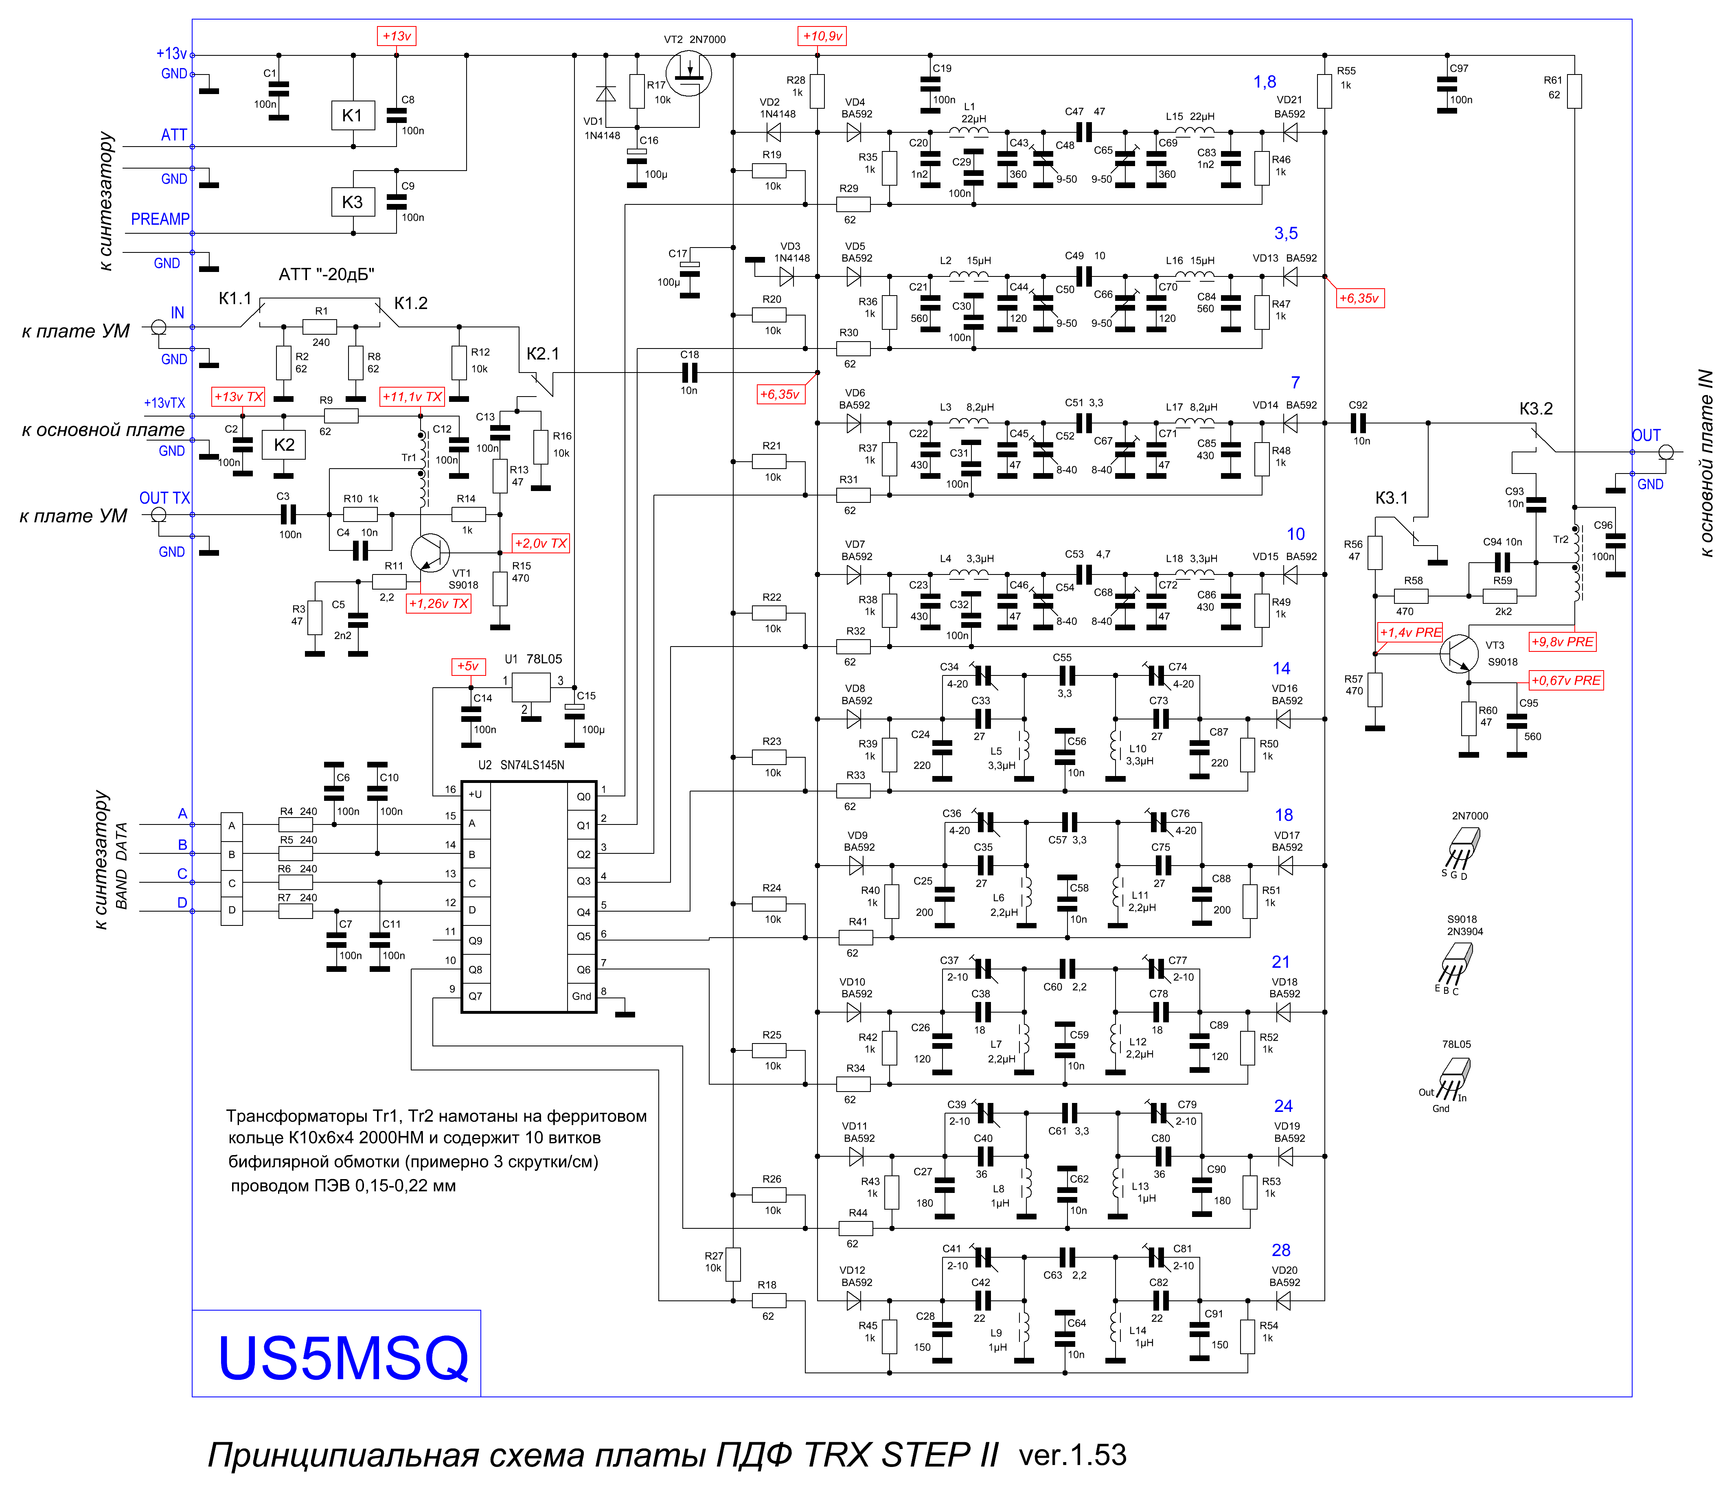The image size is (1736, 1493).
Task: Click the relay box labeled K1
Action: (353, 116)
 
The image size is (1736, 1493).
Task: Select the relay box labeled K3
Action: (353, 202)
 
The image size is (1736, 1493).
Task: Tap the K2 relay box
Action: (284, 445)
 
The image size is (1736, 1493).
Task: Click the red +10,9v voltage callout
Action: (822, 36)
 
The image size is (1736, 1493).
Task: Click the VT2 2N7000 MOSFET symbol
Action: (689, 74)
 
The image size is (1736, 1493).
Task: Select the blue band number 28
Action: (1281, 1250)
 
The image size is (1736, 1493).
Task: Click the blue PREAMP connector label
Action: (160, 219)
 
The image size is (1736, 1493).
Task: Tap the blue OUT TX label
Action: (165, 498)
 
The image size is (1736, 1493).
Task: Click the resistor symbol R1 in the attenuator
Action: (320, 327)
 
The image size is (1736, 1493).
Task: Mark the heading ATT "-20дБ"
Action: (327, 275)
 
